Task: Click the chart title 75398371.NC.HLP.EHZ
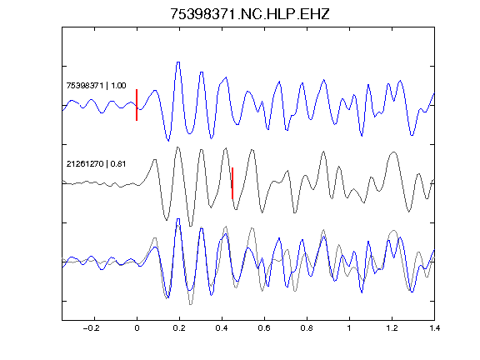click(250, 14)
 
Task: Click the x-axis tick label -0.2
click(92, 328)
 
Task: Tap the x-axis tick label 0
click(137, 328)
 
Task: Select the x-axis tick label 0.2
click(179, 328)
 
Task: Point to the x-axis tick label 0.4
click(222, 328)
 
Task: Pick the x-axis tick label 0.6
click(264, 328)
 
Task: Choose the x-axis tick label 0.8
click(307, 328)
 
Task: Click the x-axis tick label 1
click(349, 328)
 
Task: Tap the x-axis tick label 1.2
click(392, 328)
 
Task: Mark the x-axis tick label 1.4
click(434, 328)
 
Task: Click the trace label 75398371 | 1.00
click(96, 85)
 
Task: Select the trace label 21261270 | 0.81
click(96, 164)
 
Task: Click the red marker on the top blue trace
click(137, 105)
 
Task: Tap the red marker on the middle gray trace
click(232, 183)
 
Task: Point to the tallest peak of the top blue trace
click(178, 62)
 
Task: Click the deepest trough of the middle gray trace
click(191, 226)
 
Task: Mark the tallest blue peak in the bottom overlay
click(178, 219)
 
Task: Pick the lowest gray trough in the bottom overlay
click(191, 304)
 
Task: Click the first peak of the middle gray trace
click(155, 160)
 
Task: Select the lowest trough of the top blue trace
click(168, 141)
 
